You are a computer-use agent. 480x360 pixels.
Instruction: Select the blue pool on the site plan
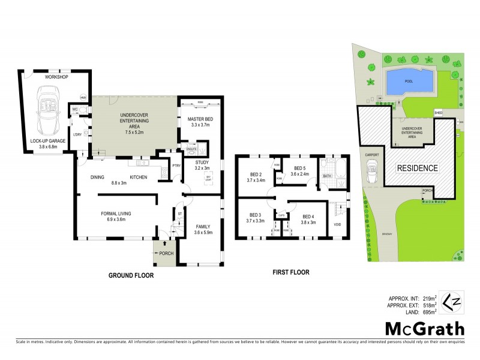(x=410, y=82)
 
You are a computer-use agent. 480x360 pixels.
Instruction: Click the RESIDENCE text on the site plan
(x=417, y=168)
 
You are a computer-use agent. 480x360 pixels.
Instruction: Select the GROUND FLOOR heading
(x=131, y=276)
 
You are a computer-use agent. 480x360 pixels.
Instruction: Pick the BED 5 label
(x=298, y=168)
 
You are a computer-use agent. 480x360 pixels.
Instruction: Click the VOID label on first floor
(x=338, y=225)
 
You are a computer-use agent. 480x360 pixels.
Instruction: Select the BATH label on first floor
(x=327, y=176)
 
